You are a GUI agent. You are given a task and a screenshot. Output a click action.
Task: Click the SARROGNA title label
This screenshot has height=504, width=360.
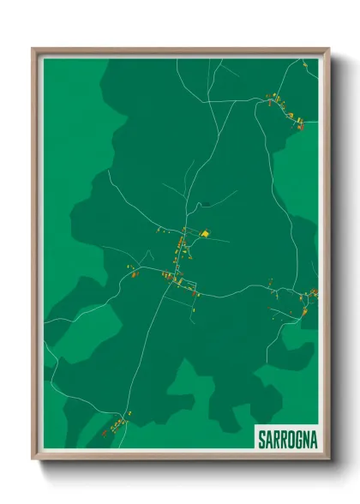[287, 439]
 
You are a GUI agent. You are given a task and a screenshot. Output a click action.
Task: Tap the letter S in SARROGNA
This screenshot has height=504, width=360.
[262, 439]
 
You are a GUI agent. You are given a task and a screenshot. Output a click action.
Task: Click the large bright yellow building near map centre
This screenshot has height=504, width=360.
[205, 232]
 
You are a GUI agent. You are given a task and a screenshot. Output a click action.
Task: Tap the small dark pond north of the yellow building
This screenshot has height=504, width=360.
[206, 204]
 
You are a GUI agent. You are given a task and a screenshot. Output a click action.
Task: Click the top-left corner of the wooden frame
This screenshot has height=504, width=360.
[33, 49]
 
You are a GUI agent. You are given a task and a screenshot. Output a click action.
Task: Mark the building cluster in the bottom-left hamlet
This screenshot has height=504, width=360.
[116, 424]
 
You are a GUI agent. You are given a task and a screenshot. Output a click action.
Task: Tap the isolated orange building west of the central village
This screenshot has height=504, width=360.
[135, 274]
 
